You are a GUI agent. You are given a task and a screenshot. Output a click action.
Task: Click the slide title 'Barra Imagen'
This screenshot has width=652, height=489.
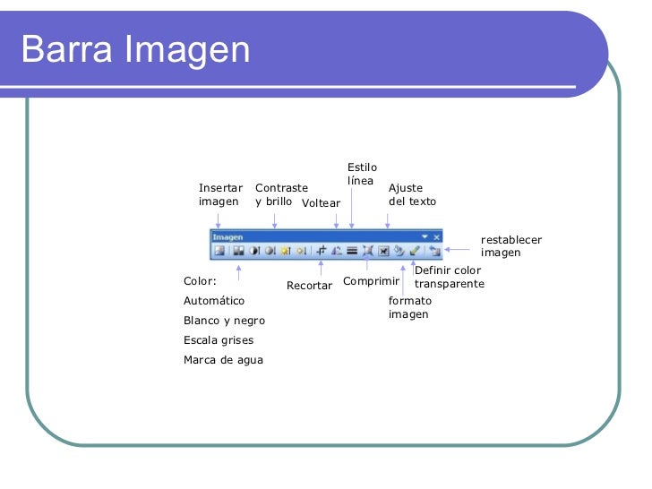coord(135,49)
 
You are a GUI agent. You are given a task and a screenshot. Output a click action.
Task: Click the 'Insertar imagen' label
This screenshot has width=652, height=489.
coord(220,194)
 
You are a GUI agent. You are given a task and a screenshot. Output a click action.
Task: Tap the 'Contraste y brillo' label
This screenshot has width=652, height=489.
coord(280,194)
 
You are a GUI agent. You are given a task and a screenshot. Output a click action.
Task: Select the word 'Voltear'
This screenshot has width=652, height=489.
coord(321,203)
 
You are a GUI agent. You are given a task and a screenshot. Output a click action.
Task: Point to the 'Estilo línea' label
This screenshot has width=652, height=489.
coord(362,174)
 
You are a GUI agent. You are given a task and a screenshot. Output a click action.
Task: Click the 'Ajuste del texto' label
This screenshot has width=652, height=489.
coord(412,194)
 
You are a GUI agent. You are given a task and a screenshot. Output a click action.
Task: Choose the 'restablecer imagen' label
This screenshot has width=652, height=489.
coord(510,245)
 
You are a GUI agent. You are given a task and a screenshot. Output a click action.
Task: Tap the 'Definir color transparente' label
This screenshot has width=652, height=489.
coord(449,277)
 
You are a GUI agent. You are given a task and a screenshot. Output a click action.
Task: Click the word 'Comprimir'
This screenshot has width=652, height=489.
coord(371,281)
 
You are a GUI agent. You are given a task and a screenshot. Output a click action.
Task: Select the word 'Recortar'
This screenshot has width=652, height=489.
coord(309,286)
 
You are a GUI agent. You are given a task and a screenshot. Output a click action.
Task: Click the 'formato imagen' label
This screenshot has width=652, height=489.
coord(410,307)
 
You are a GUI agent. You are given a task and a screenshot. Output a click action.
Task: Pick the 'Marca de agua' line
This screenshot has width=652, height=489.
coord(223,360)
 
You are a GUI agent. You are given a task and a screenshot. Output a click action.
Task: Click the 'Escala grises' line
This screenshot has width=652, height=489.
coord(218,340)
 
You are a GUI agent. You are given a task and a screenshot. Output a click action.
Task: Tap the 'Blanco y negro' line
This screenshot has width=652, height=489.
coord(224,321)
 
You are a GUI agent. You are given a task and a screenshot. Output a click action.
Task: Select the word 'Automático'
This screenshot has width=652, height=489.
coord(213,301)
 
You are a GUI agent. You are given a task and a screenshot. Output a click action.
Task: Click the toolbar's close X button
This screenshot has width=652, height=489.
coord(437,237)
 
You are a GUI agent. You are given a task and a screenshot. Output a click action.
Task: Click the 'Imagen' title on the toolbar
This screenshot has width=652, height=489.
coord(227,237)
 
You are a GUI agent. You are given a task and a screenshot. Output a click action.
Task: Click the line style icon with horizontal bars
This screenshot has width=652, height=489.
coord(352,252)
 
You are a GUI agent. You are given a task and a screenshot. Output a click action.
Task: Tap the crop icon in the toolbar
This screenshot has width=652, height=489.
coord(322,252)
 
